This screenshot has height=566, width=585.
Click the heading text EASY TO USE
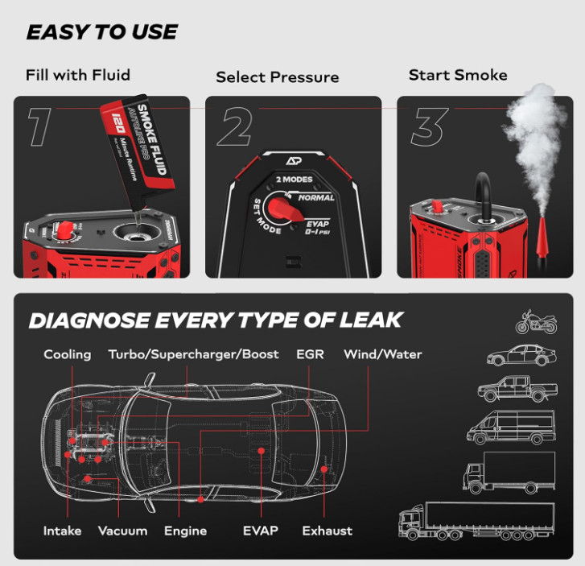tap(101, 32)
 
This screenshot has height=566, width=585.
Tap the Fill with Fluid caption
tap(77, 76)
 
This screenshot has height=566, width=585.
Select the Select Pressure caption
tap(277, 78)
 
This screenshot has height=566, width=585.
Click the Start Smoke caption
tap(457, 75)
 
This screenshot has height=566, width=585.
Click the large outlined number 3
tap(431, 126)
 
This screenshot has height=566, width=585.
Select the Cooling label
tap(68, 354)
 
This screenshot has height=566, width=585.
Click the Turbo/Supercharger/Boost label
tap(193, 354)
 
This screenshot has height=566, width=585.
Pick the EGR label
tap(310, 354)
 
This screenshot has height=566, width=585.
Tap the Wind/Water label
tap(382, 354)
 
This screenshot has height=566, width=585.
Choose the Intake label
tap(63, 531)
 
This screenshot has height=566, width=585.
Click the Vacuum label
tap(122, 531)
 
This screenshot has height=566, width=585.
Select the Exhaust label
tap(327, 531)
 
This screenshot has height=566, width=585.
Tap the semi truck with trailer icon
tap(478, 520)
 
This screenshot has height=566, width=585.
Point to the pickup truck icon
tap(516, 389)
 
